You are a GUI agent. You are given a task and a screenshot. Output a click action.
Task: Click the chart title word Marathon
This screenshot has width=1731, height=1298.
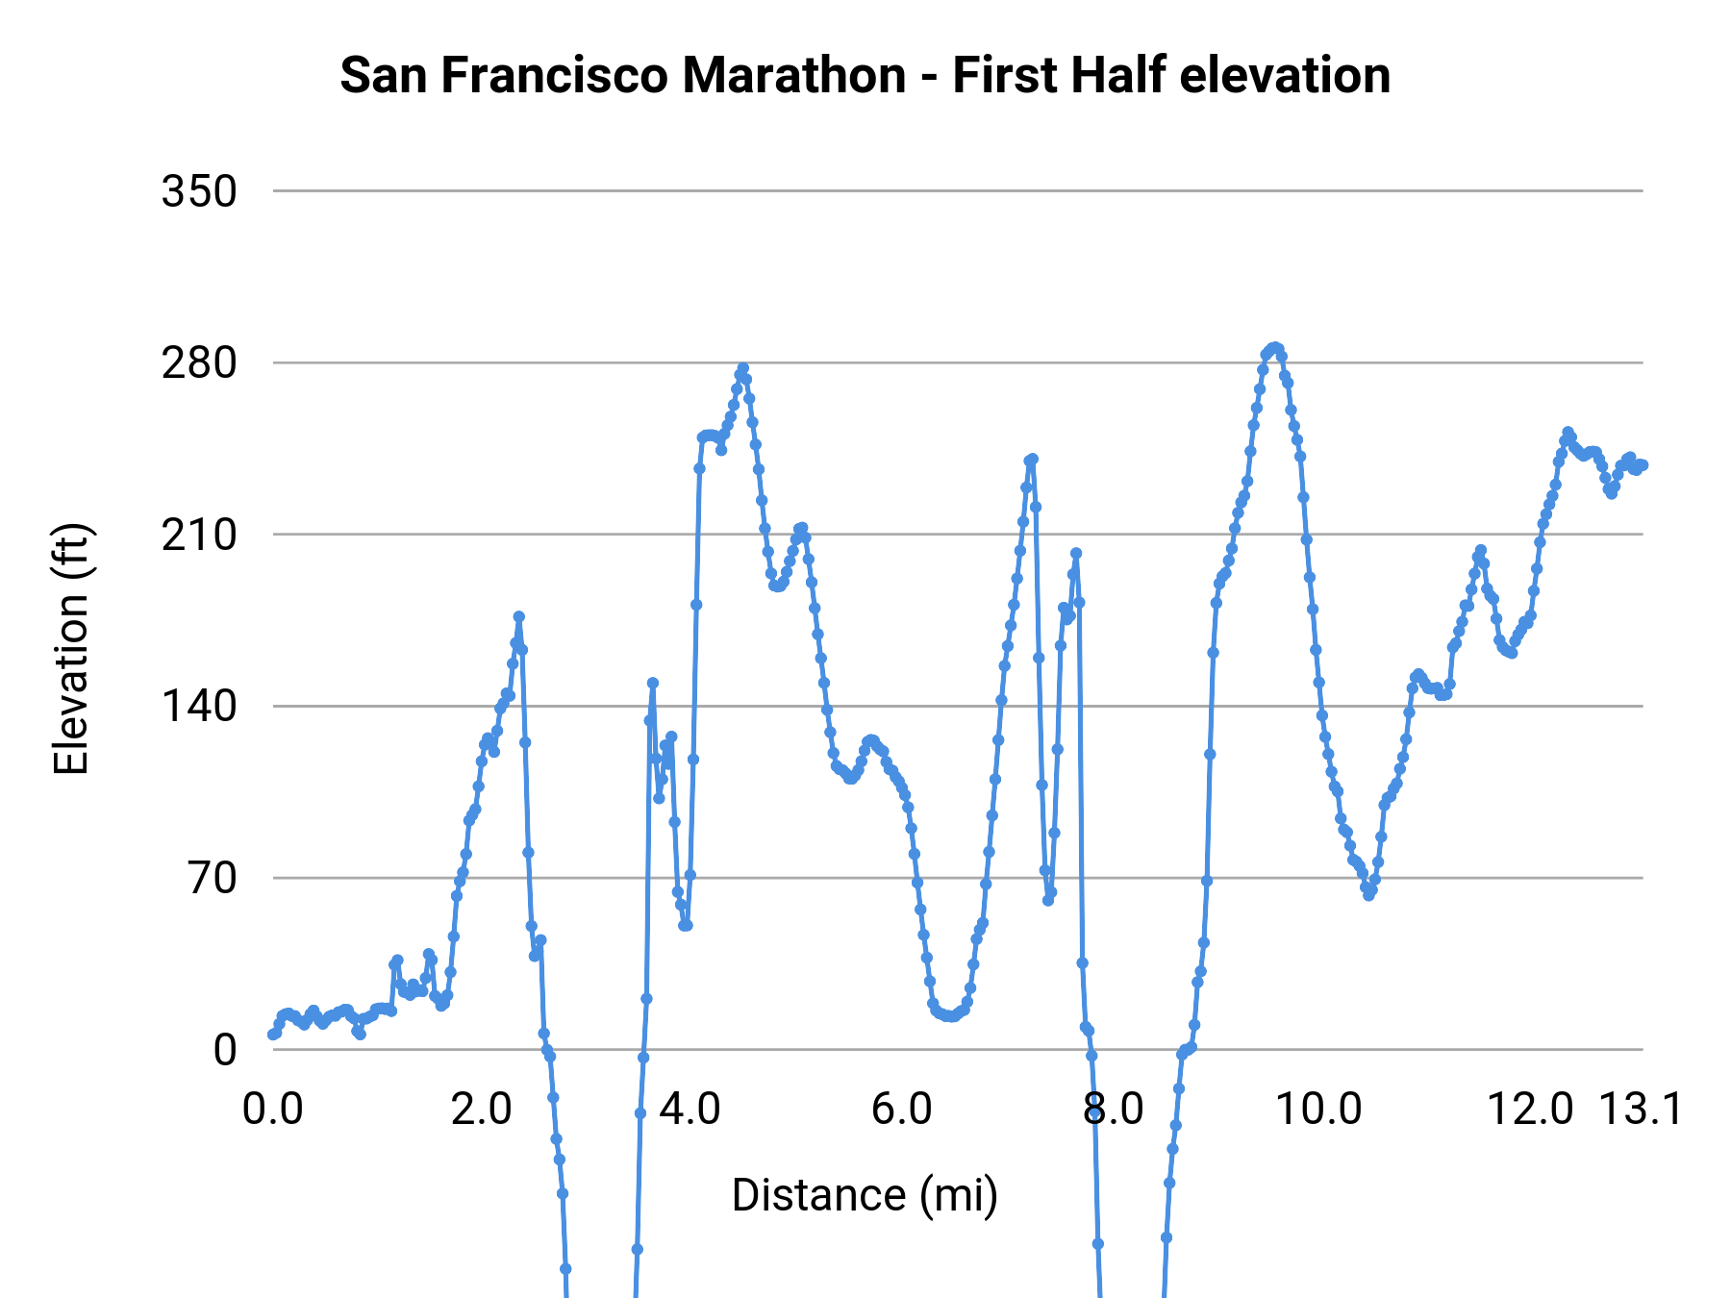[x=793, y=75]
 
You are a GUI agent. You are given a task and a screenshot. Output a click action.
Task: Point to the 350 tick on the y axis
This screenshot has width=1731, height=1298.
[x=199, y=191]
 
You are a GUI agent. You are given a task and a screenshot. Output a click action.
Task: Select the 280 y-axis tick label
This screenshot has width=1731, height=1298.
[x=199, y=363]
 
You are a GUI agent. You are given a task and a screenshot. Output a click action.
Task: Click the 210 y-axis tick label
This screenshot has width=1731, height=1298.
[x=199, y=535]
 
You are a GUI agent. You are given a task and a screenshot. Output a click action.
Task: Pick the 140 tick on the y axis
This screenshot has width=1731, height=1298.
[x=199, y=707]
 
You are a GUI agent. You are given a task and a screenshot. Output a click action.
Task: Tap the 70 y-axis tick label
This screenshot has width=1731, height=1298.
[x=212, y=878]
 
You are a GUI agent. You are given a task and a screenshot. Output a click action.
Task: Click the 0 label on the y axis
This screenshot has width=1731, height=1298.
[x=224, y=1050]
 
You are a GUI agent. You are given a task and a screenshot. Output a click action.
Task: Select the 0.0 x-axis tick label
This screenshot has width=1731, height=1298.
[x=273, y=1109]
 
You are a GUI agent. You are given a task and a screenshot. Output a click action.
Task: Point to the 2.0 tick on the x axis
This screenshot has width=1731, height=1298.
[x=482, y=1109]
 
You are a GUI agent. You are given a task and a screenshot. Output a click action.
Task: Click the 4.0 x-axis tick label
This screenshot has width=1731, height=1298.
[x=690, y=1109]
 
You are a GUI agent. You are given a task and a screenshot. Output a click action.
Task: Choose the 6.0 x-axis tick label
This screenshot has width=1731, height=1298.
[x=901, y=1109]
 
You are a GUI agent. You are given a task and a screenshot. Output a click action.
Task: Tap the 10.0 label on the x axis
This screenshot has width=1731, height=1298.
[x=1318, y=1109]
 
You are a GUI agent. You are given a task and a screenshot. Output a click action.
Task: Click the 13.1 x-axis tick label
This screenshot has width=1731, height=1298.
[x=1641, y=1109]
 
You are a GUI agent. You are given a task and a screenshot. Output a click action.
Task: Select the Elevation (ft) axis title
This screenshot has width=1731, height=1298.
[x=71, y=649]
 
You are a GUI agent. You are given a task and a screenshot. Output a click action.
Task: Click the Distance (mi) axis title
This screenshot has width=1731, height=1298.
[x=865, y=1195]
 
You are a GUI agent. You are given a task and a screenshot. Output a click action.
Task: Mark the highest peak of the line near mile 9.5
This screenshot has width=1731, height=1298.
[x=1275, y=347]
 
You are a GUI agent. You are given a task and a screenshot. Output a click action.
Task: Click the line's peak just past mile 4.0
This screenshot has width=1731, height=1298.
[x=742, y=368]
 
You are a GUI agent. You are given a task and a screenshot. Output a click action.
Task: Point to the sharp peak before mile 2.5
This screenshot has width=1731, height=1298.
[x=518, y=616]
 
